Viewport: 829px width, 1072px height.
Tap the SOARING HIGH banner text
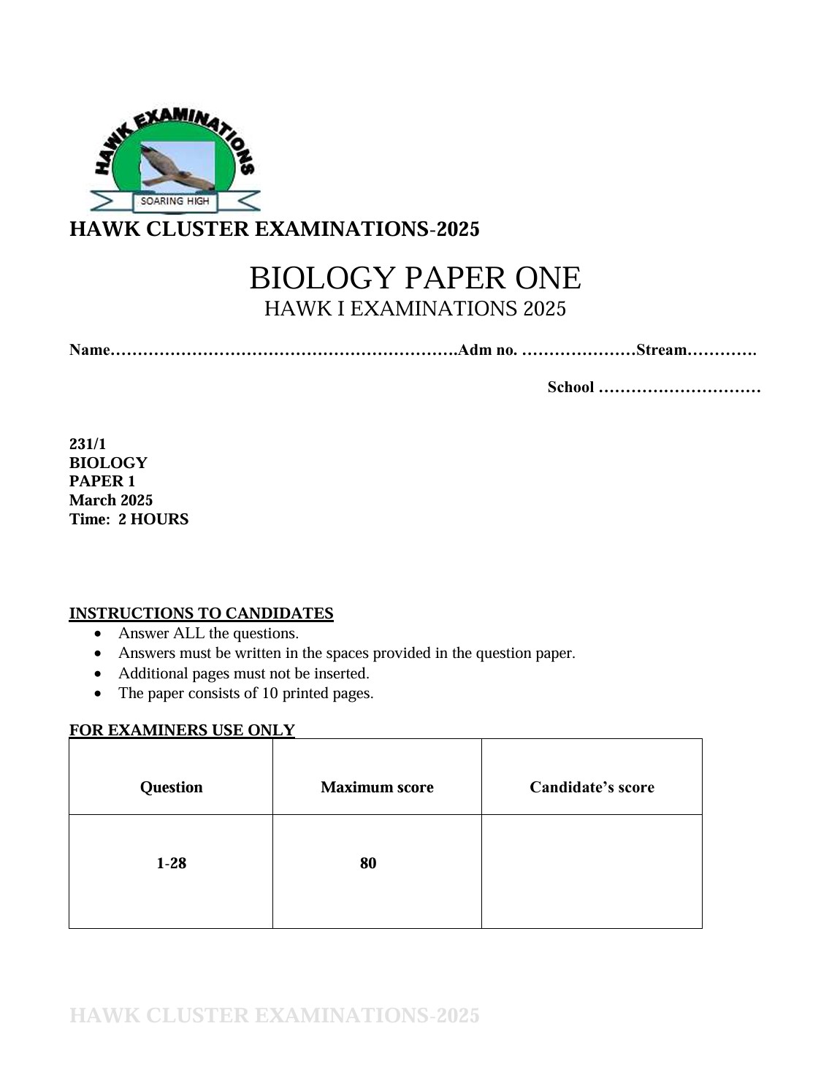[x=175, y=201]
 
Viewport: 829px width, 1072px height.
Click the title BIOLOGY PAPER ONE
[x=415, y=278]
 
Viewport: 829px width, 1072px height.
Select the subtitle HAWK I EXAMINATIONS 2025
[x=415, y=309]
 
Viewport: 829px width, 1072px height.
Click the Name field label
[x=88, y=350]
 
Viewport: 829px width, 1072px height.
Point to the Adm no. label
[x=487, y=350]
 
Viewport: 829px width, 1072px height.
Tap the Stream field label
[x=661, y=350]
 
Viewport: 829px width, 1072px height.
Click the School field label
[x=570, y=387]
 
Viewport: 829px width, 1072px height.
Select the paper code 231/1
[x=88, y=444]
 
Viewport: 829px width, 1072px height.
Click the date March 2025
[x=111, y=500]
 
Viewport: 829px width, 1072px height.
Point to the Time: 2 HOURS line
[x=129, y=519]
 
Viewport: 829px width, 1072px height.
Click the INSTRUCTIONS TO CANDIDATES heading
[x=201, y=613]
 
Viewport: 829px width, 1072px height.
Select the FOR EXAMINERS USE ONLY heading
[x=182, y=730]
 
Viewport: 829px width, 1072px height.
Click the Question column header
[x=171, y=787]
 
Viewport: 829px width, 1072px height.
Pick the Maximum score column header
[x=377, y=787]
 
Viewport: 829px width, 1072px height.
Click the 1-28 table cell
[x=171, y=863]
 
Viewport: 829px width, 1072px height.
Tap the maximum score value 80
[x=368, y=863]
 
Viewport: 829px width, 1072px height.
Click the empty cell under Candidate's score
[x=592, y=870]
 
